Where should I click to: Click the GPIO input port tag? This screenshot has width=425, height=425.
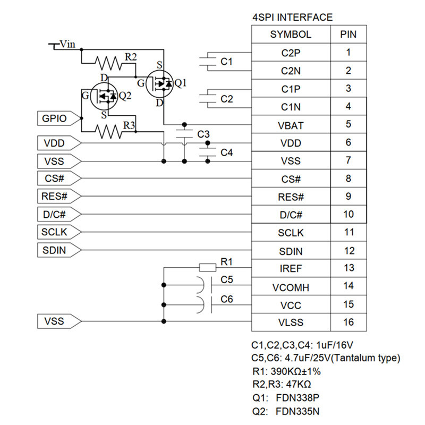tap(59, 118)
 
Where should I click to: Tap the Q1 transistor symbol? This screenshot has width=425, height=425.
tap(159, 83)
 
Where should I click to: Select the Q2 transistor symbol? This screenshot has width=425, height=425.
tap(104, 96)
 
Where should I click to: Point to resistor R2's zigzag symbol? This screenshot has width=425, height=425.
tap(108, 63)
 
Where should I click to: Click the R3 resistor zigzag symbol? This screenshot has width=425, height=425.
tap(108, 132)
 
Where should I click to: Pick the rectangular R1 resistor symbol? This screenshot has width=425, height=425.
tap(208, 268)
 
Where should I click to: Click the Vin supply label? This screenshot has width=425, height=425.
tap(67, 44)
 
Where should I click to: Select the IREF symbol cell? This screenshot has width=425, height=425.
tap(291, 269)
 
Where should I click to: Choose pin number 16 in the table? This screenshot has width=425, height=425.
tap(348, 322)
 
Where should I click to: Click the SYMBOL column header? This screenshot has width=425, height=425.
tap(291, 35)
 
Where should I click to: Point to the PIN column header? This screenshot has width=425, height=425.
tap(348, 35)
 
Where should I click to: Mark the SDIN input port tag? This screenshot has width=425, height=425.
tap(59, 250)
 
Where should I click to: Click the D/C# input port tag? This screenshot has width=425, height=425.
tap(59, 215)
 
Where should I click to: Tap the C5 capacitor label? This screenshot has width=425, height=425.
tap(227, 279)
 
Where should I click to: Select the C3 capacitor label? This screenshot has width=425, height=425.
tap(203, 134)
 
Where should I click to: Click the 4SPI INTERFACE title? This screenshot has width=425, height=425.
tap(293, 18)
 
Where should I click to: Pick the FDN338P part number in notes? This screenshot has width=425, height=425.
tap(297, 398)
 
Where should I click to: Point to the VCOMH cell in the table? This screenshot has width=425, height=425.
tap(291, 287)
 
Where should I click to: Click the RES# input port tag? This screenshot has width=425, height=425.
tap(59, 196)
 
